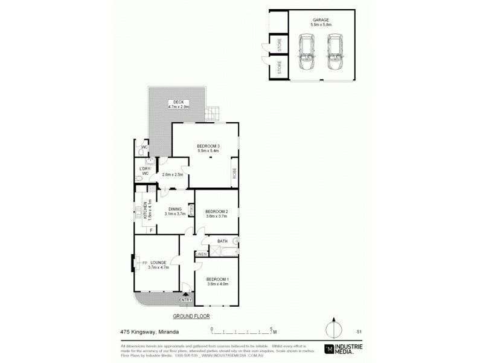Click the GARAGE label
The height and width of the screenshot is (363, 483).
click(x=320, y=19)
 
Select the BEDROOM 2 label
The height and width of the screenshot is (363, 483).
click(x=216, y=212)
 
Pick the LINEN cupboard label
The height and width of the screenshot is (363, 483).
click(x=202, y=254)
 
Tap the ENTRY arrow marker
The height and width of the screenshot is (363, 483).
click(x=185, y=295)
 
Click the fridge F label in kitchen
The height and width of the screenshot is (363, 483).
click(x=150, y=230)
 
